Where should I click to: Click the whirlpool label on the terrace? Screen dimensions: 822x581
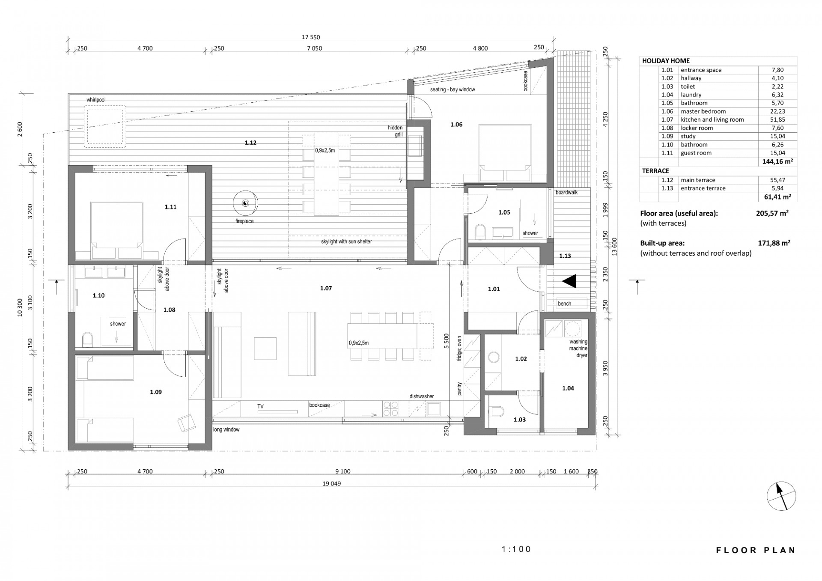[96, 100]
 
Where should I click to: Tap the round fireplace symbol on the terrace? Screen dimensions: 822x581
[245, 203]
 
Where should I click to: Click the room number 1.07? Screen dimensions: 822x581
[326, 288]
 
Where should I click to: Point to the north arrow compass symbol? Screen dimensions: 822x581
[781, 496]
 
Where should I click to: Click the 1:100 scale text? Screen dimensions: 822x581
[516, 549]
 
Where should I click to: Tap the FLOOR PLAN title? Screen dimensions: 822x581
[756, 550]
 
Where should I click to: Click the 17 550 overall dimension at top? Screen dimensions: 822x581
[311, 37]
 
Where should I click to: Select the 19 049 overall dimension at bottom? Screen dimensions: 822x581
[332, 483]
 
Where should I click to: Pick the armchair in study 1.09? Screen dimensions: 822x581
[187, 422]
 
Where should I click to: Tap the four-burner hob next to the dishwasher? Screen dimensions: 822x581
[390, 408]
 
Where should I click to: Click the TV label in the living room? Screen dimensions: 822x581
[260, 406]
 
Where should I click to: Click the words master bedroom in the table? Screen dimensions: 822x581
[703, 111]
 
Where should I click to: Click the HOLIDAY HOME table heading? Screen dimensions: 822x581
[666, 61]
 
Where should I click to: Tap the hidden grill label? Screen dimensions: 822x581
[395, 131]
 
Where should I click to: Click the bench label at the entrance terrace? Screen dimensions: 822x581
[564, 304]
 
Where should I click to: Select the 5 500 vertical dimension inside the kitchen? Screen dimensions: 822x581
[447, 341]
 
